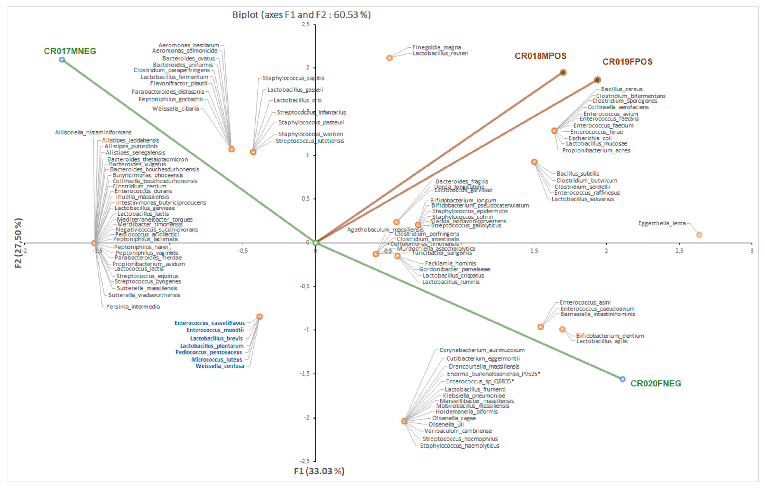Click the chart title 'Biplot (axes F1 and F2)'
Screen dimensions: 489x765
(301, 15)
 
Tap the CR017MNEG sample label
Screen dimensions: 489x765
(70, 51)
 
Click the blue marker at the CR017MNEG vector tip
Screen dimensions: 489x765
(62, 60)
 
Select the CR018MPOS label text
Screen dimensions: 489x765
(540, 56)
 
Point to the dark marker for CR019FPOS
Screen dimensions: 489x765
(597, 80)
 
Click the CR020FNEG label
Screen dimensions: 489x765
(656, 383)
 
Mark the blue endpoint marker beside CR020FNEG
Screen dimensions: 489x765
(622, 379)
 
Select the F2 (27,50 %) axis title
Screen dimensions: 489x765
(18, 243)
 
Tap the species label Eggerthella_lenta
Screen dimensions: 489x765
(662, 223)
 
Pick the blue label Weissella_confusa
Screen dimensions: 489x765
(220, 366)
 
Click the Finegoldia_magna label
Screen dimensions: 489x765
(437, 47)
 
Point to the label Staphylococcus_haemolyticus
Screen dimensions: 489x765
(459, 446)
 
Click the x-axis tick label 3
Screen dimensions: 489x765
(752, 251)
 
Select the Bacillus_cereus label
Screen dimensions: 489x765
(621, 89)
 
